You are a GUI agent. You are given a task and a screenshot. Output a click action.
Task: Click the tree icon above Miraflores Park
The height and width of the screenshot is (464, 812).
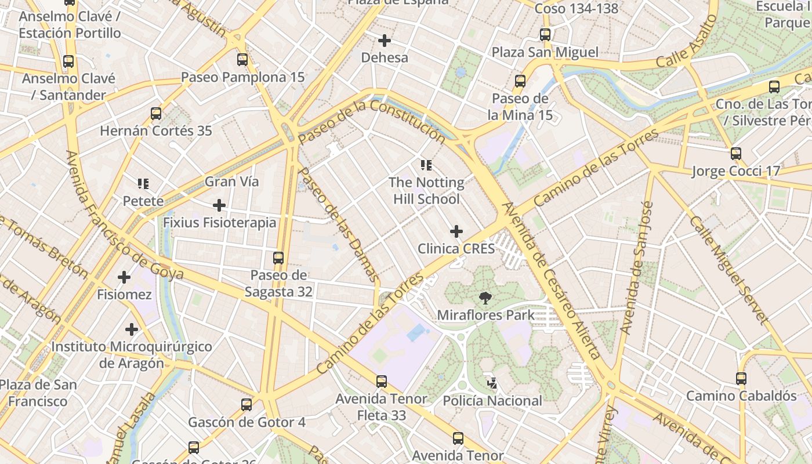(x=485, y=298)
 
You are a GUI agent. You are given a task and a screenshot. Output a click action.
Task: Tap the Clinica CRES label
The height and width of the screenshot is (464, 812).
(x=456, y=249)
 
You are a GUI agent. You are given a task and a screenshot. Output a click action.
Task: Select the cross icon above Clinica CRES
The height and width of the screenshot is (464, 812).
(x=456, y=231)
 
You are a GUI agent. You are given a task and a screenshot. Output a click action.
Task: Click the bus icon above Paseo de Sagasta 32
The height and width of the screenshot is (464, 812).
(x=278, y=258)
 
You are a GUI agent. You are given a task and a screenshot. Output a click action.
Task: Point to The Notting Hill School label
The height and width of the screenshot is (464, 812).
(x=426, y=191)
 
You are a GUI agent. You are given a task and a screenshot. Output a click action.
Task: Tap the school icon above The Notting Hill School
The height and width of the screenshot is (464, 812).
(x=426, y=165)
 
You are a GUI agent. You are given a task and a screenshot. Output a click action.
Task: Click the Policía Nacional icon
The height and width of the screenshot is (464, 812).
(x=492, y=383)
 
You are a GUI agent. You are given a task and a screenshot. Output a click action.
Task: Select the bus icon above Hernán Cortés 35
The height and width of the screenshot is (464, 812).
(x=156, y=113)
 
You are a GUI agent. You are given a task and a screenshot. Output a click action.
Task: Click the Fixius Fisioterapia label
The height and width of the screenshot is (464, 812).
(x=219, y=223)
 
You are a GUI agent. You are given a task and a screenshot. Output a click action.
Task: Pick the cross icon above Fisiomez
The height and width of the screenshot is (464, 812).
(x=124, y=277)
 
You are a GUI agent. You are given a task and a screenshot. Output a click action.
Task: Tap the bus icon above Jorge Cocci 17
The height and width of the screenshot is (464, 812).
(x=736, y=154)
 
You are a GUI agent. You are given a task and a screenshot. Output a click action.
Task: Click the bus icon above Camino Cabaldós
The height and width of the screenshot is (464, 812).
(x=741, y=378)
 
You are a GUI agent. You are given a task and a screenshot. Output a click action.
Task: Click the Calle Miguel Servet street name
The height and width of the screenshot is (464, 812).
(x=729, y=270)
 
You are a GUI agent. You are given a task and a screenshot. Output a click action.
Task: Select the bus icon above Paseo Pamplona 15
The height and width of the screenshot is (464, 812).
(x=242, y=59)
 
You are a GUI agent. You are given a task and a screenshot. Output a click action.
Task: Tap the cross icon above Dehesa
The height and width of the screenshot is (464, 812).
(x=384, y=41)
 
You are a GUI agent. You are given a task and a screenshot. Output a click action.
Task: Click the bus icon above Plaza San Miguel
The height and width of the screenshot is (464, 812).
(x=545, y=34)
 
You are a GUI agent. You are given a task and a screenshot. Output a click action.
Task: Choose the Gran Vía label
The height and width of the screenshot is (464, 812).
(x=231, y=182)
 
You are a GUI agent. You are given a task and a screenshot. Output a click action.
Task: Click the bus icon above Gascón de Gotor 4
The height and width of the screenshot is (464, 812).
(x=246, y=404)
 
